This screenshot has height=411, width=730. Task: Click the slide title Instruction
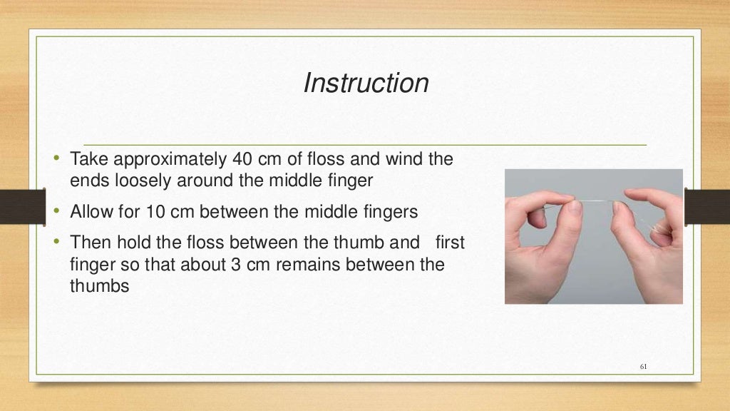[x=366, y=83]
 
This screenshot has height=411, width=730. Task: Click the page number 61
[x=644, y=367]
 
